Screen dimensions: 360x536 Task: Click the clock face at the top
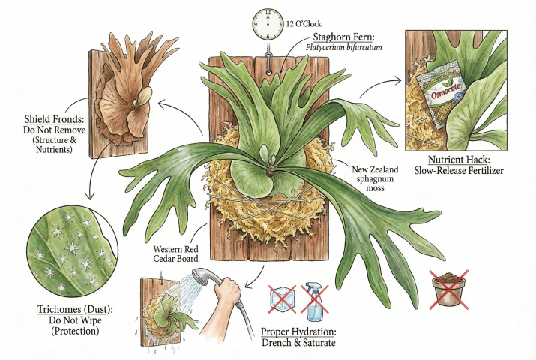coord(266,25)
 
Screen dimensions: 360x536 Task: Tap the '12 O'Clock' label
coord(301,24)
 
